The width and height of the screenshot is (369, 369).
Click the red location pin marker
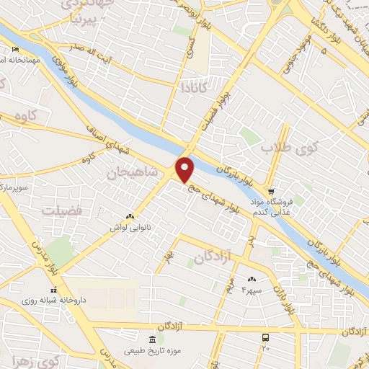click(186, 169)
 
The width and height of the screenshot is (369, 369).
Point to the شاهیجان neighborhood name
click(131, 173)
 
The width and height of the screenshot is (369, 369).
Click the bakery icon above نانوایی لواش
click(130, 216)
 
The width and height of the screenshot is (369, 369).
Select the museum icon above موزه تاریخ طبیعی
click(151, 339)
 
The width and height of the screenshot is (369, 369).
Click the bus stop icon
click(266, 337)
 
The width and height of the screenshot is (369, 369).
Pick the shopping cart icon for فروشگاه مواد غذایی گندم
click(271, 192)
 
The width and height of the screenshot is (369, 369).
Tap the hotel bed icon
click(16, 50)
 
